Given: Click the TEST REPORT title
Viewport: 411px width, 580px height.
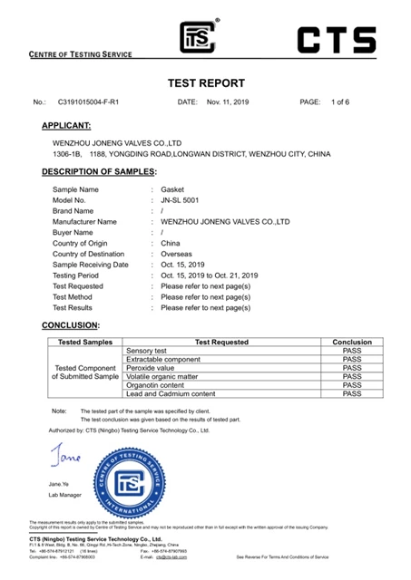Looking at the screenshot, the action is (206, 82).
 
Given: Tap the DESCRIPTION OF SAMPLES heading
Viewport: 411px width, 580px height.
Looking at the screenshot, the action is (99, 171).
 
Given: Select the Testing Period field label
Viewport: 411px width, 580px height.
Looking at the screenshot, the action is (81, 274).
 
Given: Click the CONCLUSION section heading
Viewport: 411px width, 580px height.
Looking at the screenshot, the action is (70, 324).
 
